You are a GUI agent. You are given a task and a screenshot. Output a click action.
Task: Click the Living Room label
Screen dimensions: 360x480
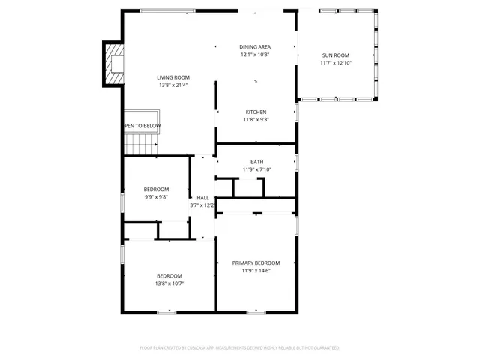click(x=173, y=77)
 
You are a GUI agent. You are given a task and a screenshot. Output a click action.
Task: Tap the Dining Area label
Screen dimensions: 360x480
click(x=255, y=47)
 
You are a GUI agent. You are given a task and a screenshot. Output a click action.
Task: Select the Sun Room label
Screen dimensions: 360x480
click(x=336, y=55)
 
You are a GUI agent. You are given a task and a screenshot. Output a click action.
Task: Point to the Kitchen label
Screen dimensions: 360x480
click(x=256, y=112)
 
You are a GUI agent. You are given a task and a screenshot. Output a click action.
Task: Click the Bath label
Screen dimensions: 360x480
click(x=256, y=162)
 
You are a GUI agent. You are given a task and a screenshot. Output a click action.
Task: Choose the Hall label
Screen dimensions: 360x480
click(x=202, y=197)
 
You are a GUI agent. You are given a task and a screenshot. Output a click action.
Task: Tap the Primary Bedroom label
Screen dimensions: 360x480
click(x=256, y=262)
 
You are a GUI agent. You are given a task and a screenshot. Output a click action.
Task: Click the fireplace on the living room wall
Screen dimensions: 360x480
click(x=114, y=64)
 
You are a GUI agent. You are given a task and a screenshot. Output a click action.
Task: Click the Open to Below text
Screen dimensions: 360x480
click(x=142, y=125)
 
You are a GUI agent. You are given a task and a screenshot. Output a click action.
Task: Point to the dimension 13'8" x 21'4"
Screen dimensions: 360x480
click(x=173, y=85)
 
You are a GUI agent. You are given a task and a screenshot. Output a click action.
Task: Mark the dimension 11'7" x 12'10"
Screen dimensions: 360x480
click(x=336, y=63)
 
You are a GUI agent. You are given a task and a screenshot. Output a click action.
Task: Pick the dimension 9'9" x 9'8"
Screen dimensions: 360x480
click(x=157, y=197)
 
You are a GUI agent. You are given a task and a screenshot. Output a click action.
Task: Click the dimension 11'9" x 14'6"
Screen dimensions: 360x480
click(x=256, y=271)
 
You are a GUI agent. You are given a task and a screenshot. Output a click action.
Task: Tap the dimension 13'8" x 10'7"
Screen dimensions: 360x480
click(x=169, y=283)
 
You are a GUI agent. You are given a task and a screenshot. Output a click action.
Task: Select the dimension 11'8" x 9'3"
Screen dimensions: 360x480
click(x=256, y=120)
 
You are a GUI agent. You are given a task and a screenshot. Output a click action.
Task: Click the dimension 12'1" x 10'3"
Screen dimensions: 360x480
click(x=255, y=55)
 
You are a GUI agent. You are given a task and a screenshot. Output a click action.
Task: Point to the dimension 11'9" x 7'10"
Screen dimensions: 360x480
click(x=256, y=169)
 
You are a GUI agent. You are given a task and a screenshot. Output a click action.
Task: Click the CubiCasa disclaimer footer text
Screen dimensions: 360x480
click(x=240, y=347)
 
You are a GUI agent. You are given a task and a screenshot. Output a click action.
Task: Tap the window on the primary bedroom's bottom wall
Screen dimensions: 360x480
click(x=256, y=311)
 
